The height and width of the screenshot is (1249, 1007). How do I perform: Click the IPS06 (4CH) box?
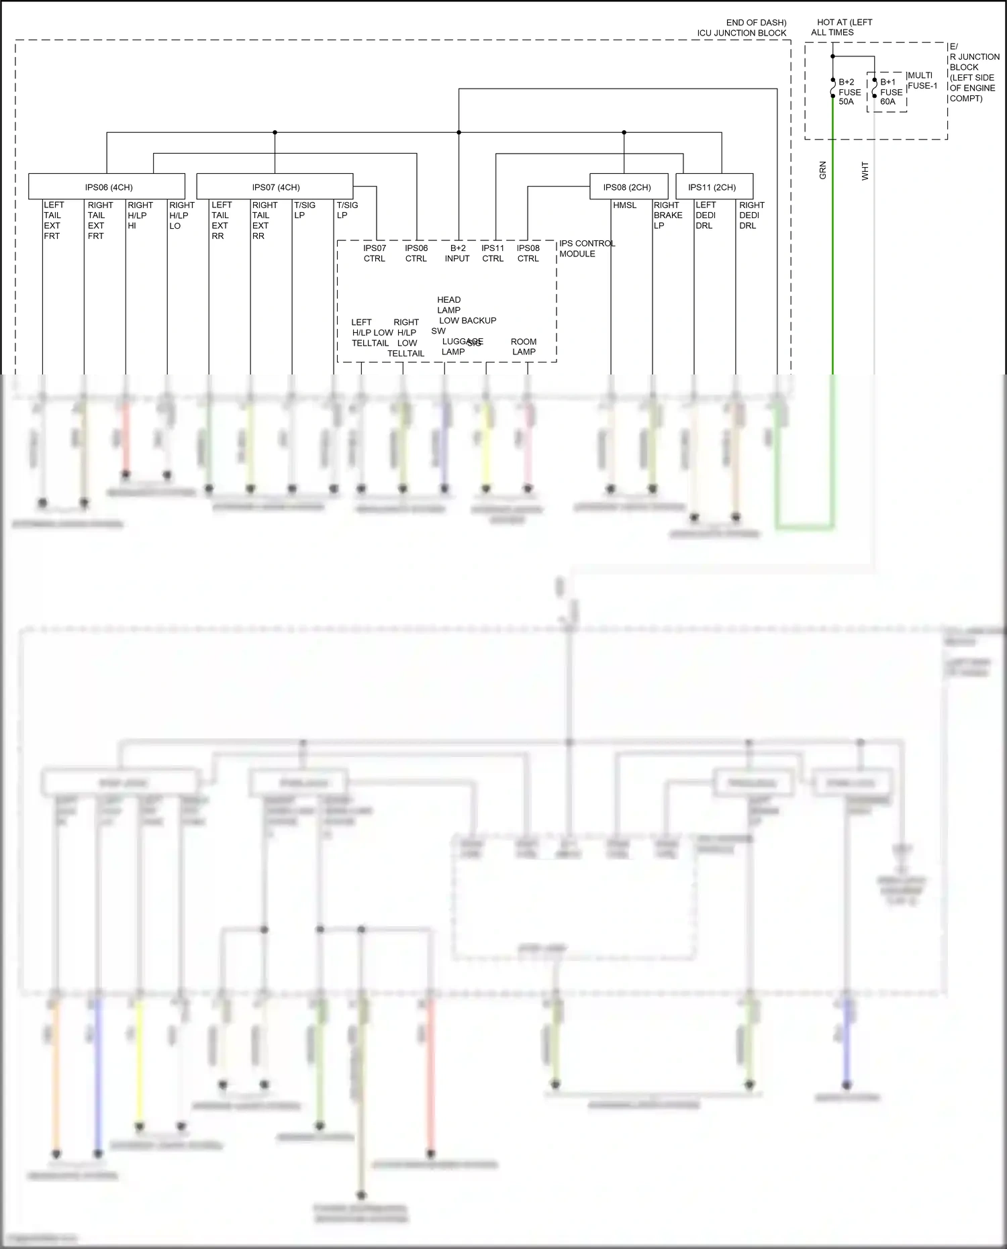107,187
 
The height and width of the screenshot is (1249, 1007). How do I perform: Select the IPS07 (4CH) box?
275,187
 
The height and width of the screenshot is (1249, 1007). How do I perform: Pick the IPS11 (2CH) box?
714,187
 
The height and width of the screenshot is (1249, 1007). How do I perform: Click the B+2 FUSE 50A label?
849,92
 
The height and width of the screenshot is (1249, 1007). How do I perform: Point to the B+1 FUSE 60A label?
891,92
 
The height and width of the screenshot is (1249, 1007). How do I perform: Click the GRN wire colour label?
822,170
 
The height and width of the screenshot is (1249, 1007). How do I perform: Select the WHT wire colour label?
865,171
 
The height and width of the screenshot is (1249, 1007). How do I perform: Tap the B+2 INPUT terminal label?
458,253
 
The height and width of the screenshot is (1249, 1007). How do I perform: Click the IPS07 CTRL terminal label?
375,253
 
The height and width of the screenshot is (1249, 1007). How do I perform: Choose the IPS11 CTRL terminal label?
493,253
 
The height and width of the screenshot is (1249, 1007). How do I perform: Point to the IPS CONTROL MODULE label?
586,248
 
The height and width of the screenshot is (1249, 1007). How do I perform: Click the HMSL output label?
624,205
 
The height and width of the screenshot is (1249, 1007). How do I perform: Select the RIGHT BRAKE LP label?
667,215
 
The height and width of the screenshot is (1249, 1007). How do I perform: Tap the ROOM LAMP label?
524,346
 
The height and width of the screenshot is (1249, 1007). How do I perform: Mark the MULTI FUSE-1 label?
922,81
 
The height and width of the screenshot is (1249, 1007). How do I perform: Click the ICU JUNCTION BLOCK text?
741,33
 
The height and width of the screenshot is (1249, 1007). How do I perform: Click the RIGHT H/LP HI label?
140,215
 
